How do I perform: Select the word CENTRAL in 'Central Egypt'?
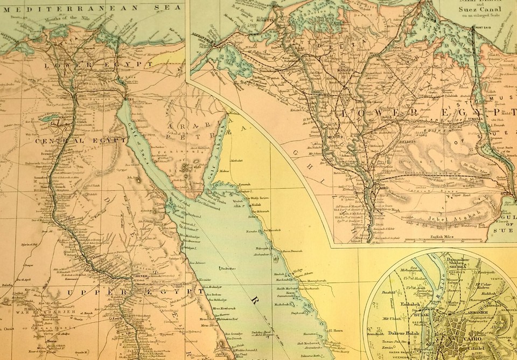[53, 141]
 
